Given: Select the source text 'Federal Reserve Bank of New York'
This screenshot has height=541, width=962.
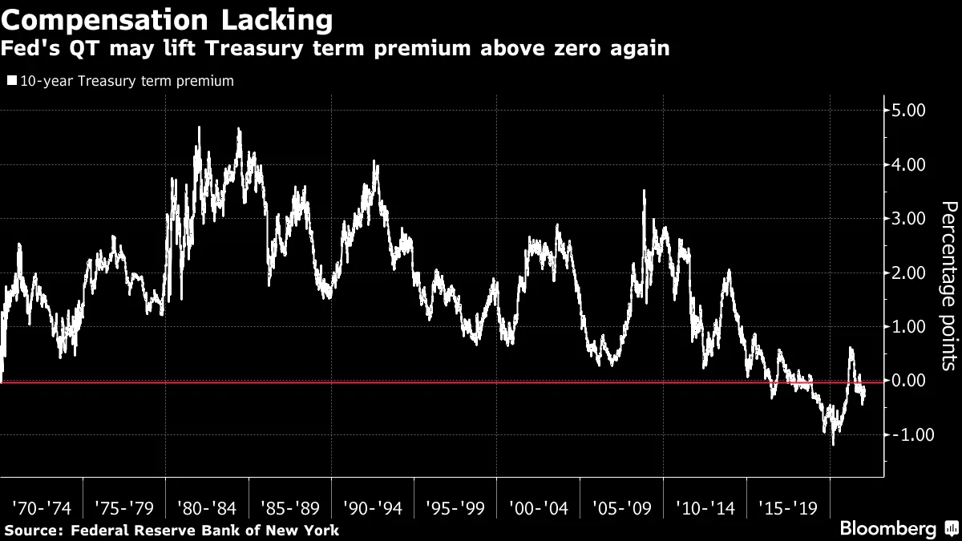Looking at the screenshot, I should click(205, 530).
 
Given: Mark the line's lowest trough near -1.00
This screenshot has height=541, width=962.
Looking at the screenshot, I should click(834, 443).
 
